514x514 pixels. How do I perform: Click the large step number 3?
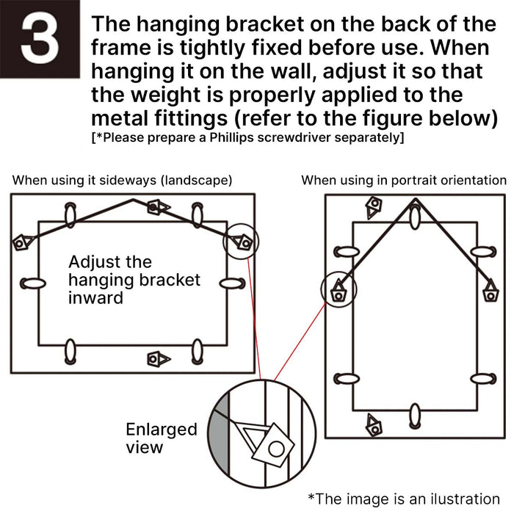[40, 41]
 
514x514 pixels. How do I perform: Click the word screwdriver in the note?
[283, 137]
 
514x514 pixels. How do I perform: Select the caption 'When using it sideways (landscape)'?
[122, 180]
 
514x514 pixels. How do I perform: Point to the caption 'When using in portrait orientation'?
[404, 180]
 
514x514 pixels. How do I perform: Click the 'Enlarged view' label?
[161, 438]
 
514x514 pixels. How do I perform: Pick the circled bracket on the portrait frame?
[338, 291]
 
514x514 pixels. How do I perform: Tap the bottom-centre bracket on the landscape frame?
[156, 359]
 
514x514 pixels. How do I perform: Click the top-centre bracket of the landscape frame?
[156, 207]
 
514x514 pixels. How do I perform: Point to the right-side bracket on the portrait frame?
[490, 292]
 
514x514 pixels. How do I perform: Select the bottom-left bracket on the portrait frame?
[374, 424]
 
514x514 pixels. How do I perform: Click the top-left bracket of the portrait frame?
[374, 206]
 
